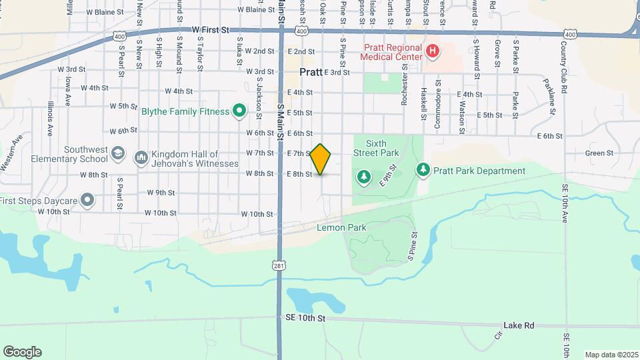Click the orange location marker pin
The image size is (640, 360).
point(321,159)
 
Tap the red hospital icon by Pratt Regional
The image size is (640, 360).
point(432,51)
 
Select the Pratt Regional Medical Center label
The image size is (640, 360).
point(391,52)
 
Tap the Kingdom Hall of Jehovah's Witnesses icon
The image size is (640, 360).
point(141,157)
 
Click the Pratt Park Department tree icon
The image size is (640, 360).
point(423,171)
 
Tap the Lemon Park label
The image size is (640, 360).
point(341,228)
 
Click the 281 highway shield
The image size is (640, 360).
point(279,265)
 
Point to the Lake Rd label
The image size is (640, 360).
point(519,325)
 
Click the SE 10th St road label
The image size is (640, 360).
point(303,319)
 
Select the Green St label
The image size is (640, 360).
point(599,153)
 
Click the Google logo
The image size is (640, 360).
point(22,352)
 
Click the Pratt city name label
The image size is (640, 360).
point(311,72)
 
